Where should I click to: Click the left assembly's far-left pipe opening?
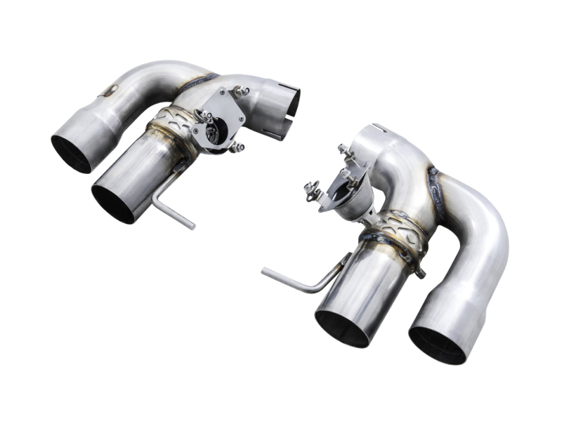click(x=71, y=153)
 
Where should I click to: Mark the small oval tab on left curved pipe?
click(x=109, y=90)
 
